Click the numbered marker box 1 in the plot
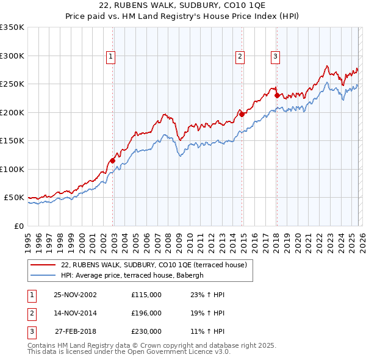click(x=111, y=57)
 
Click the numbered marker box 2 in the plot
click(x=240, y=57)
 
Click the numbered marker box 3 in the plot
click(x=275, y=57)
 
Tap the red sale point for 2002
click(x=113, y=160)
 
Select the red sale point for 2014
click(x=242, y=114)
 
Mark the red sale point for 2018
click(x=277, y=95)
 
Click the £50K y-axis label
click(x=14, y=198)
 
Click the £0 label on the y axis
click(x=19, y=226)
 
